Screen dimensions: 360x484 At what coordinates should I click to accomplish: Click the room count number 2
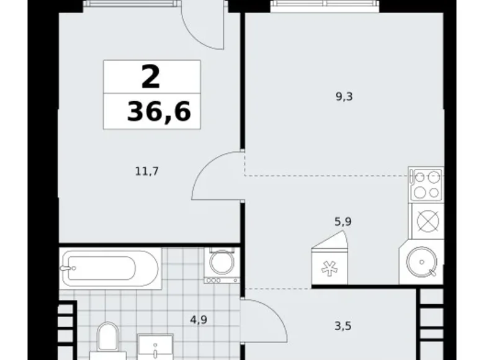point(151,78)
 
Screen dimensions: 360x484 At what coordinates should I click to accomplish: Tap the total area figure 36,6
point(159,112)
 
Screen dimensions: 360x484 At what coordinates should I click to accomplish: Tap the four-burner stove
point(425,184)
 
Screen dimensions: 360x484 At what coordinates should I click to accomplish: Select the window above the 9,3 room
point(323,6)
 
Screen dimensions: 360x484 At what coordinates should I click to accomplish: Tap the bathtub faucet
point(66,268)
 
